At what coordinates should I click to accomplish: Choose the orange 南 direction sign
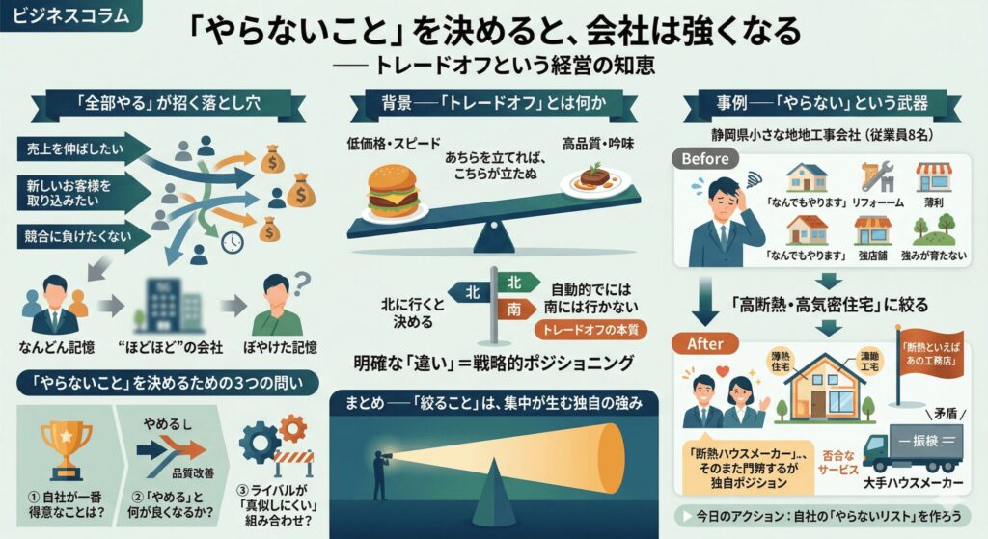click(514, 310)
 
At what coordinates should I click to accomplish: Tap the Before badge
click(712, 158)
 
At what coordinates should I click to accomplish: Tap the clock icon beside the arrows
click(232, 243)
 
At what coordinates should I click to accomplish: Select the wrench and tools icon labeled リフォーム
click(876, 179)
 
